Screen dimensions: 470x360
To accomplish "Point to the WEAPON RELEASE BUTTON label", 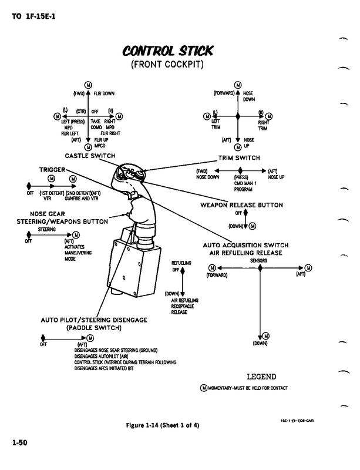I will pyautogui.click(x=242, y=205).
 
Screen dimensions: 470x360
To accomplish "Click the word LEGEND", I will pyautogui.click(x=261, y=376).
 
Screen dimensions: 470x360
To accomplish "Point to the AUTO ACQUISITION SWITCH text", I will pyautogui.click(x=243, y=245).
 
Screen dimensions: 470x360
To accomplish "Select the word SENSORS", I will pyautogui.click(x=258, y=260).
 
